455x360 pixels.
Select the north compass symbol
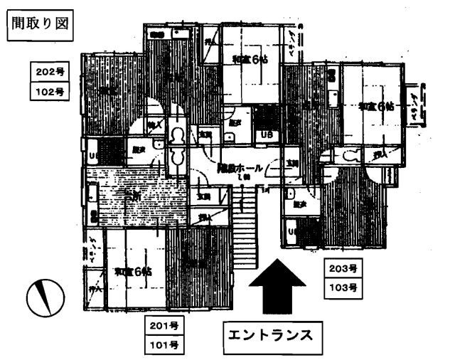tap(44, 297)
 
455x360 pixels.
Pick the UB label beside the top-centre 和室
tap(267, 134)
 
